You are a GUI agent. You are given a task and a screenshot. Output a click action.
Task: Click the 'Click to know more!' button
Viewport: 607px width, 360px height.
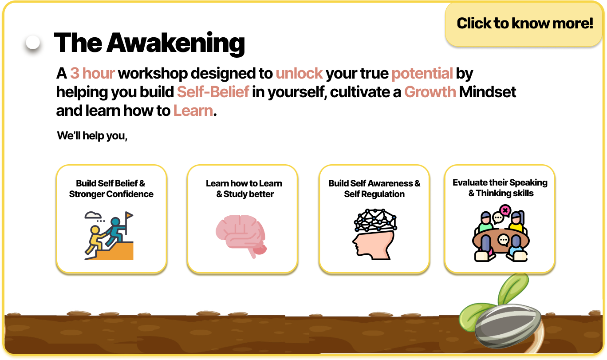pyautogui.click(x=524, y=24)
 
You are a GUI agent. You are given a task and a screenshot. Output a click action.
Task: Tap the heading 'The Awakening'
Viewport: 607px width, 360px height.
pyautogui.click(x=150, y=43)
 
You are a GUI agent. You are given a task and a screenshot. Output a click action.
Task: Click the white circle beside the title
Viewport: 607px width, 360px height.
pyautogui.click(x=33, y=43)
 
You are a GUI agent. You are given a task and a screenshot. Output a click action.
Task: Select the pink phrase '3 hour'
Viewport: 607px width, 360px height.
pyautogui.click(x=92, y=73)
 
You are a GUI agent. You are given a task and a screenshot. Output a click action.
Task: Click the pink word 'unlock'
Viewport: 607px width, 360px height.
pyautogui.click(x=299, y=73)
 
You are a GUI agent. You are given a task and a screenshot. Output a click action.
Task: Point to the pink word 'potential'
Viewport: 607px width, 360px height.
pyautogui.click(x=422, y=74)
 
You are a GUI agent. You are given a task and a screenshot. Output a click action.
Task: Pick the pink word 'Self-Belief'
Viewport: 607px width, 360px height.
pyautogui.click(x=213, y=92)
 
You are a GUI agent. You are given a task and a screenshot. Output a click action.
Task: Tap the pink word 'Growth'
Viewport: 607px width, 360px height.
pyautogui.click(x=430, y=92)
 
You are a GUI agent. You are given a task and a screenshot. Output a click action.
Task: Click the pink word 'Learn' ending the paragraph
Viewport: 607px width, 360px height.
pyautogui.click(x=193, y=111)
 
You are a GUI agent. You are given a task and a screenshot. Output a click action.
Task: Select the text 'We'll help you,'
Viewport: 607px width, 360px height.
pyautogui.click(x=92, y=135)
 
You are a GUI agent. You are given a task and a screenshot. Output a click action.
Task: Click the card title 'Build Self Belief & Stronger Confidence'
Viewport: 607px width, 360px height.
pyautogui.click(x=111, y=189)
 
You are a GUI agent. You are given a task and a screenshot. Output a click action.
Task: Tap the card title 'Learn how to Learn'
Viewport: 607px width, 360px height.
pyautogui.click(x=244, y=183)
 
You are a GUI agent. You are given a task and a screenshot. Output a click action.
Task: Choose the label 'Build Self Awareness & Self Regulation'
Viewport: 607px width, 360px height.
pyautogui.click(x=374, y=189)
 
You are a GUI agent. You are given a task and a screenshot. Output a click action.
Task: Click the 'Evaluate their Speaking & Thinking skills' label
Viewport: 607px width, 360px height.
pyautogui.click(x=500, y=188)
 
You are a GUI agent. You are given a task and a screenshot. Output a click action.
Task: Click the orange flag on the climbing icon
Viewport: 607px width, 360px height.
pyautogui.click(x=129, y=215)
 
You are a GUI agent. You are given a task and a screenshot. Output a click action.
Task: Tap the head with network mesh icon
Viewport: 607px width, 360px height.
pyautogui.click(x=374, y=234)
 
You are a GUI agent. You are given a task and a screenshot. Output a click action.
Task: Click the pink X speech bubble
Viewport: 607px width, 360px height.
pyautogui.click(x=505, y=210)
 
